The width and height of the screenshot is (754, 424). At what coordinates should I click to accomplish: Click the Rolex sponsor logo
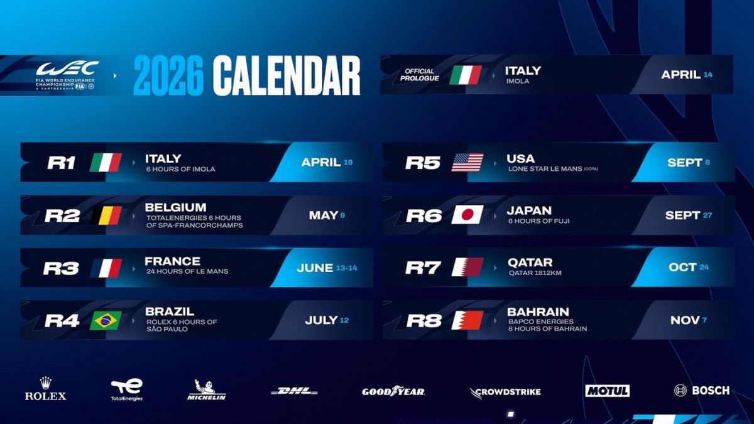[x=45, y=389]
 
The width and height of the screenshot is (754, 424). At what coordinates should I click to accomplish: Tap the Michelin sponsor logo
[x=206, y=390]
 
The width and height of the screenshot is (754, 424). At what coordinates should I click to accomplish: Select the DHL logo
[x=294, y=391]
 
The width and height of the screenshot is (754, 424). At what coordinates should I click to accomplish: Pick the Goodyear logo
[x=393, y=391]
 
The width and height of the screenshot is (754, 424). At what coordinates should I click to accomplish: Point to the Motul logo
[x=607, y=391]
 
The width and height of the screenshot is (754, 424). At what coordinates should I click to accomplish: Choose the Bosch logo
[x=702, y=390]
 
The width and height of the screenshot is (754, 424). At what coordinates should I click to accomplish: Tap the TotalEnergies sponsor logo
[x=127, y=389]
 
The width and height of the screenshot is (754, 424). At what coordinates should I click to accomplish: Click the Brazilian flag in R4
[x=106, y=320]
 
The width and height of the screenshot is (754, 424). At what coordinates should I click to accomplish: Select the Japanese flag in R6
[x=467, y=215]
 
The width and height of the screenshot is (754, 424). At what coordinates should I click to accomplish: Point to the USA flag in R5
[x=467, y=163]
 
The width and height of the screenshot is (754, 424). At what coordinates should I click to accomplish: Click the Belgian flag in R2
[x=106, y=215]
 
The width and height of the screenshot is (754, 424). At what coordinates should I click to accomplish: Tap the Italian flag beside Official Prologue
[x=466, y=75]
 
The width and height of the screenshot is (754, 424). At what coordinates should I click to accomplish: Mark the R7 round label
[x=423, y=268]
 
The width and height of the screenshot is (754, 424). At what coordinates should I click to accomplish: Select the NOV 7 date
[x=689, y=320]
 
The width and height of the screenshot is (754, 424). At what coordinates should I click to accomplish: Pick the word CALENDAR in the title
[x=287, y=75]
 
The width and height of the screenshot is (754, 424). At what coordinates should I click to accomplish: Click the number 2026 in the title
[x=168, y=75]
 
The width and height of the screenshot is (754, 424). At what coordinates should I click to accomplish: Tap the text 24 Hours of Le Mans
[x=187, y=271]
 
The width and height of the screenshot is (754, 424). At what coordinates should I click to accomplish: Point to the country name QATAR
[x=530, y=262]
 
